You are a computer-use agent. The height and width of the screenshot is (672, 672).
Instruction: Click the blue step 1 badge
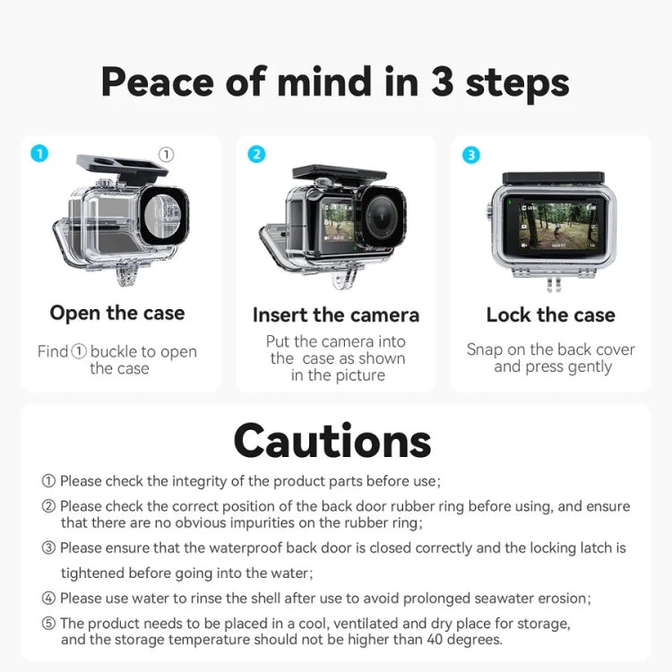(39, 153)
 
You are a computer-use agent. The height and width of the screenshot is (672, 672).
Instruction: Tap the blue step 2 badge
(256, 154)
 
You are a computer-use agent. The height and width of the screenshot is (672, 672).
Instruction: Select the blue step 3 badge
(471, 155)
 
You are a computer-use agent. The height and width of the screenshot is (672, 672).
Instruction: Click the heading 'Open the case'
(117, 313)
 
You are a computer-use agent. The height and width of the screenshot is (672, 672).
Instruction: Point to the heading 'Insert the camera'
(336, 314)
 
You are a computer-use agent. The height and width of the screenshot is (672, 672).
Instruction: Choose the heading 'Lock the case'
(550, 314)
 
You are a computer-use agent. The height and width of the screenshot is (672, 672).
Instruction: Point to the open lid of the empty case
(121, 168)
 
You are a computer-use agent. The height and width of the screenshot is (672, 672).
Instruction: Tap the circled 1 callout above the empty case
(166, 154)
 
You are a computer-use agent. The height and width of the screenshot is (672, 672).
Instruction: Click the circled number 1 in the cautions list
(48, 481)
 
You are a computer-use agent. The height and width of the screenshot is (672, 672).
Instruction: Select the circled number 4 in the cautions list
(48, 598)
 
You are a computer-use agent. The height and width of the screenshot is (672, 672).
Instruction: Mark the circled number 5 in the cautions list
(48, 623)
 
